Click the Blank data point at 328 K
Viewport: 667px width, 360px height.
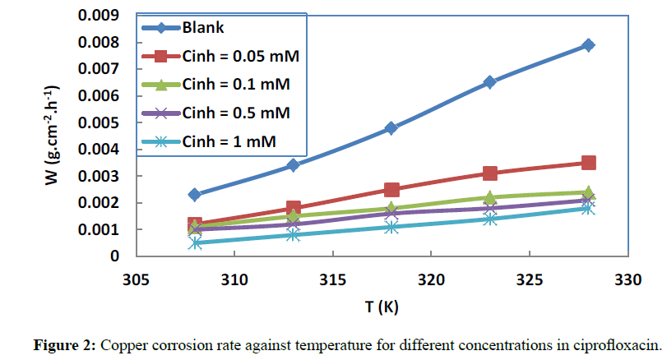[588, 45]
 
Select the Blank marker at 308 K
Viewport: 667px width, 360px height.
[195, 195]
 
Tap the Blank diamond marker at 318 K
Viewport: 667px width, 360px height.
[391, 128]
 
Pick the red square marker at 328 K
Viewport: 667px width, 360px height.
[588, 163]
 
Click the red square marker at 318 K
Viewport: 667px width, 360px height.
[391, 190]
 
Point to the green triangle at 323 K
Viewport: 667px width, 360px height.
[490, 198]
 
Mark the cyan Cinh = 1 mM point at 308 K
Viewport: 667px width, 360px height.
[195, 242]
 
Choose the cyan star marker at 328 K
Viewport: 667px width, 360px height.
[588, 208]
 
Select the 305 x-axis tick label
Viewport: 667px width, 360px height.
[136, 279]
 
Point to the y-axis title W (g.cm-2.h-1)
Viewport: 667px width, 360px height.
[50, 136]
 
